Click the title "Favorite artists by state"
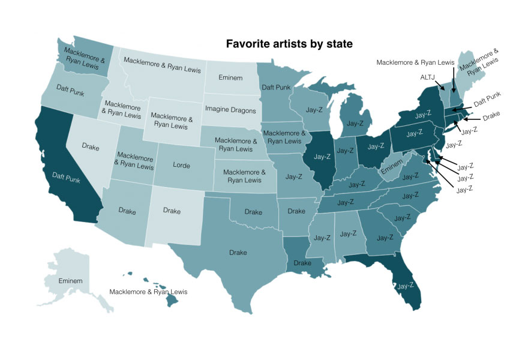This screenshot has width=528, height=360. tap(289, 44)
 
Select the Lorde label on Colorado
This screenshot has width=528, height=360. tap(181, 164)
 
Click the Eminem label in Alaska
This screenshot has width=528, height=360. tap(70, 281)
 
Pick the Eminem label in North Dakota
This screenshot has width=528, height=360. tap(230, 77)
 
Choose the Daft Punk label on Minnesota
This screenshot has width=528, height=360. tap(275, 87)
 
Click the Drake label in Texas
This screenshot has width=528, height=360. tap(238, 253)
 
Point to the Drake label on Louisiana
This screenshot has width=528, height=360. tap(302, 263)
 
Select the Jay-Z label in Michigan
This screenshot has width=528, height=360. tap(355, 124)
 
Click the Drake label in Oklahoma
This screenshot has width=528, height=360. tap(253, 212)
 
